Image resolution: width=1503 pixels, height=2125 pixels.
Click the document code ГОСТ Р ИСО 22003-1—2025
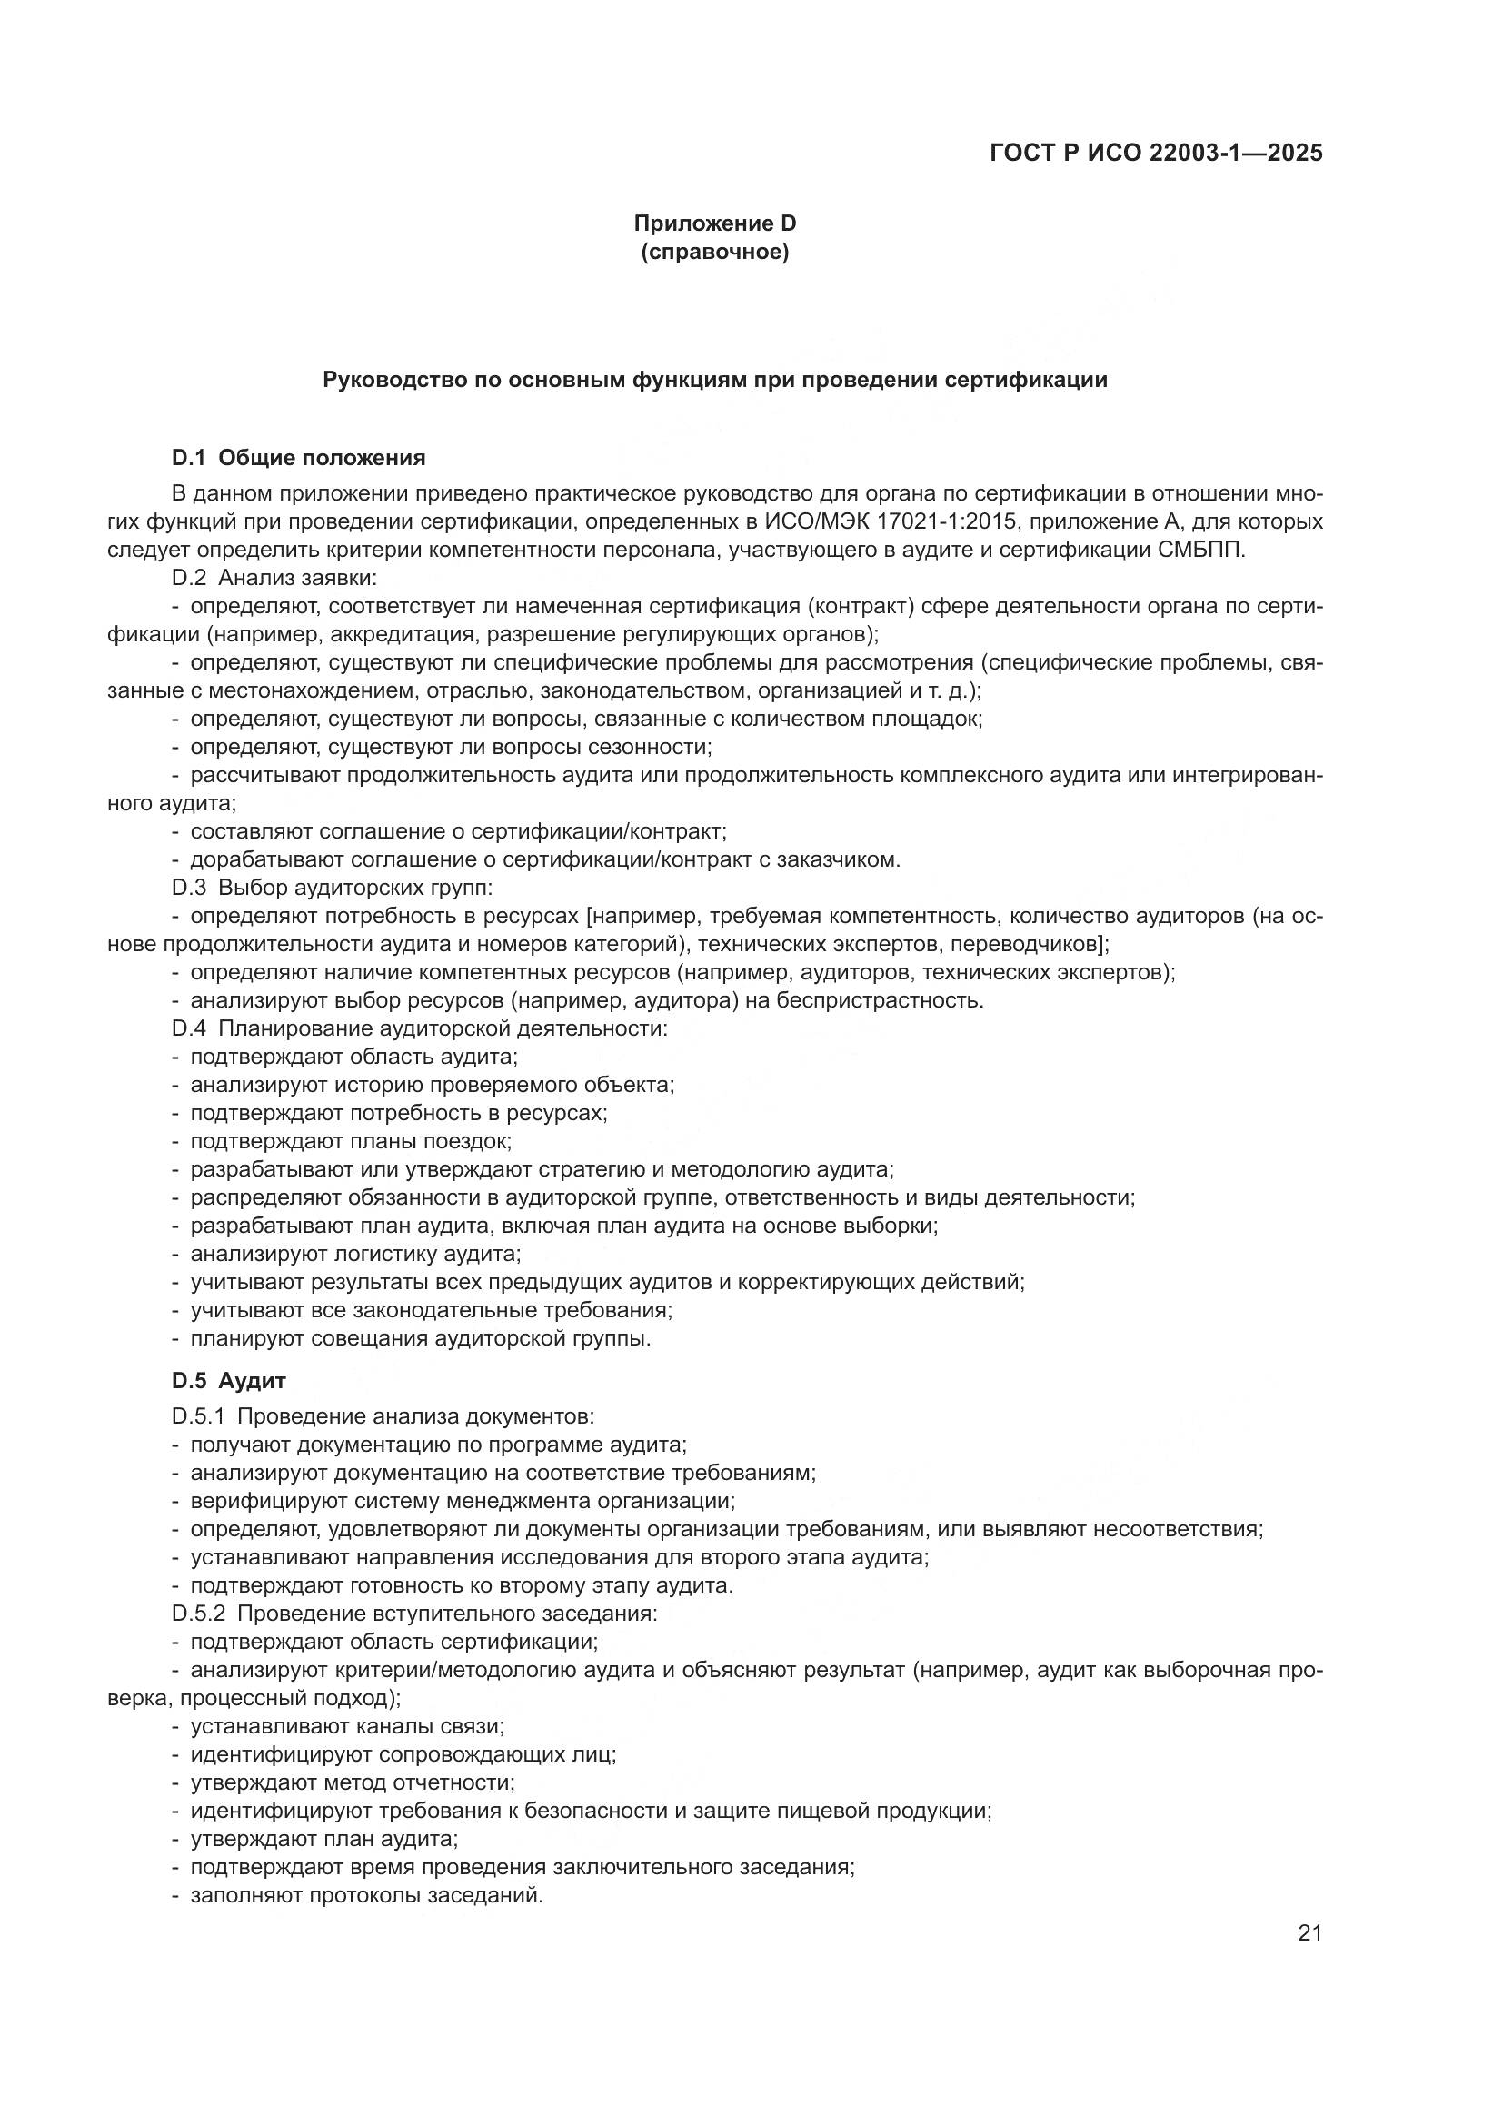click(1156, 153)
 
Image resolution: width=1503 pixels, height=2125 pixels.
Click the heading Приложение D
click(714, 223)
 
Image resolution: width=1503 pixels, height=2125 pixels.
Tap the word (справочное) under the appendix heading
click(714, 252)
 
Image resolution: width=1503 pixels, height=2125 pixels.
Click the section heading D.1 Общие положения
click(298, 457)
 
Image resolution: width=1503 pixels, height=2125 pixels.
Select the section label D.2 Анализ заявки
click(274, 579)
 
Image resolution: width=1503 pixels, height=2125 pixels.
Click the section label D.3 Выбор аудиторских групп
click(333, 888)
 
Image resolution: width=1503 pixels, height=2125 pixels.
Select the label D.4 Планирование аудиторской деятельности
click(419, 1028)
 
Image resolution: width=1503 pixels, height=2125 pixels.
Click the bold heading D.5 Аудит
click(229, 1381)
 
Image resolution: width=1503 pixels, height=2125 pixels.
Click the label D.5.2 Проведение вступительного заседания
click(413, 1614)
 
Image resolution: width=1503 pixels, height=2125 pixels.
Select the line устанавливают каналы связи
click(347, 1726)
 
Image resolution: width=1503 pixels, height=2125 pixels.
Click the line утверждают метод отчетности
click(352, 1782)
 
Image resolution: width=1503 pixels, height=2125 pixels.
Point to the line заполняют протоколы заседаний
click(365, 1895)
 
